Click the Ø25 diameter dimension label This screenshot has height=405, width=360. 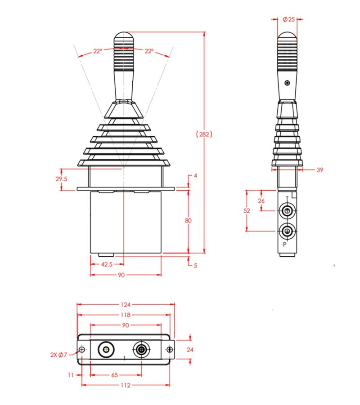click(288, 19)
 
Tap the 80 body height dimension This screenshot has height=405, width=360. click(189, 221)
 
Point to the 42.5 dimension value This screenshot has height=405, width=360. click(107, 265)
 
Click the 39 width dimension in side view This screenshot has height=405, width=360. click(320, 170)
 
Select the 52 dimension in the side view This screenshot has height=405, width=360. click(247, 210)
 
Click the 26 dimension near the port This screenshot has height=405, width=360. click(261, 201)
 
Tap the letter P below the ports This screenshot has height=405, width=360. click(284, 245)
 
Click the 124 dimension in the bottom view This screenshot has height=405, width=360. click(125, 304)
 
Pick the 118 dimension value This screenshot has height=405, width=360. click(125, 315)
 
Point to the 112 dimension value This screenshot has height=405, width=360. click(125, 385)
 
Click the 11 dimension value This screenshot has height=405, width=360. click(71, 374)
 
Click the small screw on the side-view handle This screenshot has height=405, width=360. click(287, 83)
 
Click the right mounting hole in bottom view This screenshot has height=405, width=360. click(169, 350)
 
